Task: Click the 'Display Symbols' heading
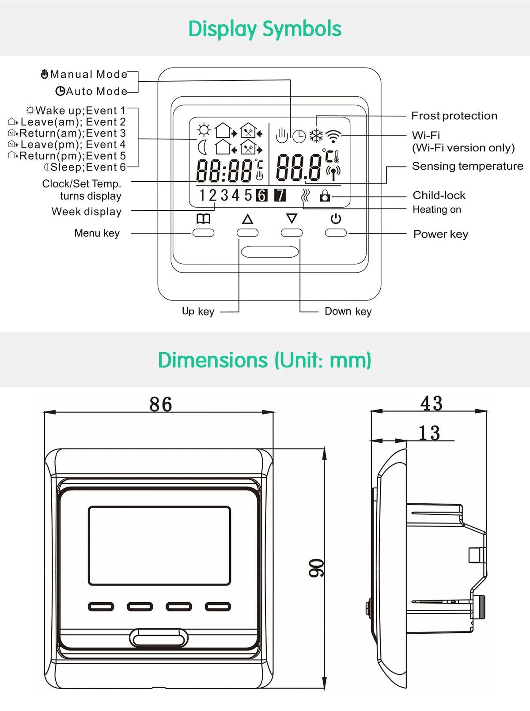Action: point(265,29)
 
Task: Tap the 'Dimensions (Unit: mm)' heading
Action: point(265,360)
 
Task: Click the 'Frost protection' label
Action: point(454,116)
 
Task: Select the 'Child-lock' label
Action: point(439,195)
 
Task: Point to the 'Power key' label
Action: point(440,234)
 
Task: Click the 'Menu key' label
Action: point(97,233)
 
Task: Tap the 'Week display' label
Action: point(87,212)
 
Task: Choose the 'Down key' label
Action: point(348,312)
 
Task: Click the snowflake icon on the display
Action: point(316,136)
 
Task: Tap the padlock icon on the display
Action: point(325,195)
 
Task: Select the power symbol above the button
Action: point(336,219)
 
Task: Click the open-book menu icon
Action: point(203,219)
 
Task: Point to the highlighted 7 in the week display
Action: point(280,195)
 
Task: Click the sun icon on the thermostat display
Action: point(204,130)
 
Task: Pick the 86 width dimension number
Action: point(161,404)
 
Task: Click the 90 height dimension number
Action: point(316,568)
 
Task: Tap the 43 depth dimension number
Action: point(431,403)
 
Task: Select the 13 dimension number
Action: point(429,433)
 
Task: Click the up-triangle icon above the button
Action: point(247,219)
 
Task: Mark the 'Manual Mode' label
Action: point(88,74)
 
